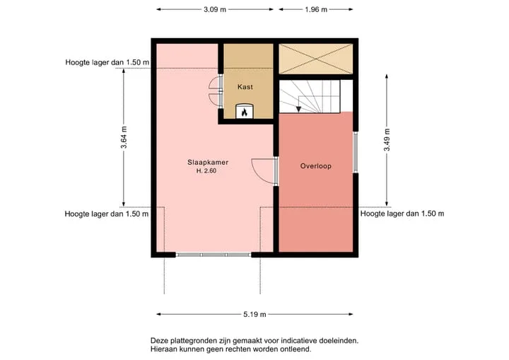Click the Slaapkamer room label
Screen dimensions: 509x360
208,162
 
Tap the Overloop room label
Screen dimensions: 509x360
315,166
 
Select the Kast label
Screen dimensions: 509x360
245,87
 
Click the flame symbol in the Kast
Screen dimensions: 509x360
245,112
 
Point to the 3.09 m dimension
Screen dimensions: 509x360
215,9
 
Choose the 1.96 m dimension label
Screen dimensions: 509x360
316,9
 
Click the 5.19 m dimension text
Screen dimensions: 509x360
255,314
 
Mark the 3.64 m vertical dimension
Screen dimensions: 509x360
124,137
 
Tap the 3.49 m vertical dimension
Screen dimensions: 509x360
387,140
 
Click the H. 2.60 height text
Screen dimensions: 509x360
206,171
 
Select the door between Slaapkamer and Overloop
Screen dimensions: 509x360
264,171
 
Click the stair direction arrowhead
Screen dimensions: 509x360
298,109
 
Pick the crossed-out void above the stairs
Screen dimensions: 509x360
315,59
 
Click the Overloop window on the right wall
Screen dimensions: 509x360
356,152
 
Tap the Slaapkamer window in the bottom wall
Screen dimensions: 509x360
213,255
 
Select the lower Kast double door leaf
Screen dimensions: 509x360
214,100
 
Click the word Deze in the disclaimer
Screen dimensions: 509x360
158,341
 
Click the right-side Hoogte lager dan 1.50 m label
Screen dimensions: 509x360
402,214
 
